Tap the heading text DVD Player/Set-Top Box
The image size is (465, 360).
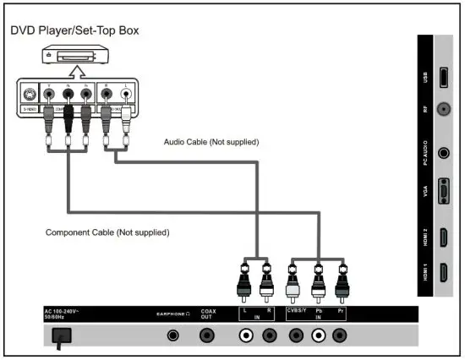74,31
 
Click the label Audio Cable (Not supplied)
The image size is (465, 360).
211,142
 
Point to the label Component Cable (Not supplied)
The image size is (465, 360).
107,232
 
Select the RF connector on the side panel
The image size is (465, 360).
441,110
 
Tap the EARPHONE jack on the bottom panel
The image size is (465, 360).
174,335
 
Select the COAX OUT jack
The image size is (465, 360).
207,335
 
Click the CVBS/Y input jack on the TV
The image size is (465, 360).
295,335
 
